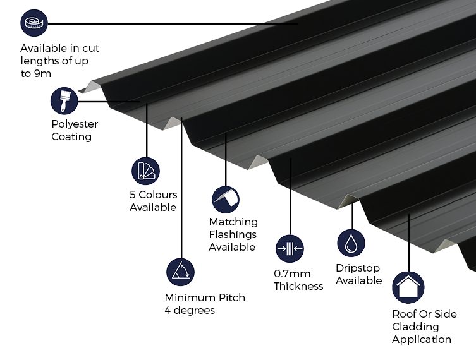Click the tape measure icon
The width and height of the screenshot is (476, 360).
click(33, 24)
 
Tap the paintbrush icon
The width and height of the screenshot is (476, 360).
click(64, 100)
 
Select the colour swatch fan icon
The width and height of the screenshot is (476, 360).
click(145, 171)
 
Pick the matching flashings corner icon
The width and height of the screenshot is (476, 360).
click(226, 200)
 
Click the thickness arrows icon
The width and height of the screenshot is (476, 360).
click(290, 249)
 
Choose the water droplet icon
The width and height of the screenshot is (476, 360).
click(351, 243)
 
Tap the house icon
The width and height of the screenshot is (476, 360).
click(408, 287)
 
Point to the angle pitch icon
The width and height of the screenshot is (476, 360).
click(181, 272)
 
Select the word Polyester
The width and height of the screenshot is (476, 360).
click(75, 124)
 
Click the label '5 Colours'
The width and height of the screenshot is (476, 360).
click(154, 195)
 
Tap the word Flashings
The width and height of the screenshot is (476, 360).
click(233, 234)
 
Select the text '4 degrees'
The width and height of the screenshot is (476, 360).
click(190, 310)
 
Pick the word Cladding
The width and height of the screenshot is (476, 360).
click(415, 327)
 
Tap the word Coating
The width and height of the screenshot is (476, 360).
click(71, 136)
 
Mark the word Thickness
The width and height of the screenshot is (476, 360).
click(298, 286)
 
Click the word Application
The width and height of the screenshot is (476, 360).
click(422, 339)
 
